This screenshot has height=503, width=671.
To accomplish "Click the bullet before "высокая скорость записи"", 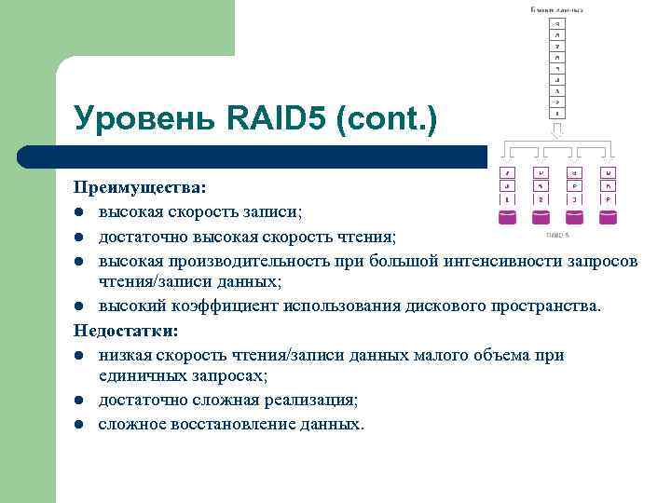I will (82, 213).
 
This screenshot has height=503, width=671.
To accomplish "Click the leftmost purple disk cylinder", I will (507, 218).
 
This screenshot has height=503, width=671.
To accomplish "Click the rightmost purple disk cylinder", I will (608, 218).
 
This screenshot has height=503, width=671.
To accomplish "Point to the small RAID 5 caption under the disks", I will (557, 235).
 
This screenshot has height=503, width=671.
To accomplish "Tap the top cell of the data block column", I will (556, 23).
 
